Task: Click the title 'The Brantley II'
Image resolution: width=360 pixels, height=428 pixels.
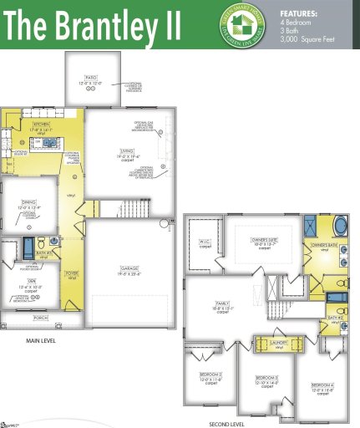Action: (92, 26)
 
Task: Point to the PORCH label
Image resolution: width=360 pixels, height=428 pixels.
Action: (40, 317)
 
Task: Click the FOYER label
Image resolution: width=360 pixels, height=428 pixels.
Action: (72, 273)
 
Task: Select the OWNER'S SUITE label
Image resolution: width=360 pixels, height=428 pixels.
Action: (264, 241)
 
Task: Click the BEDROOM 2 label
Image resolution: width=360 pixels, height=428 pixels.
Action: (210, 374)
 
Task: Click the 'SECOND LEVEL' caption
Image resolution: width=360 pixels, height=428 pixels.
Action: (226, 422)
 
